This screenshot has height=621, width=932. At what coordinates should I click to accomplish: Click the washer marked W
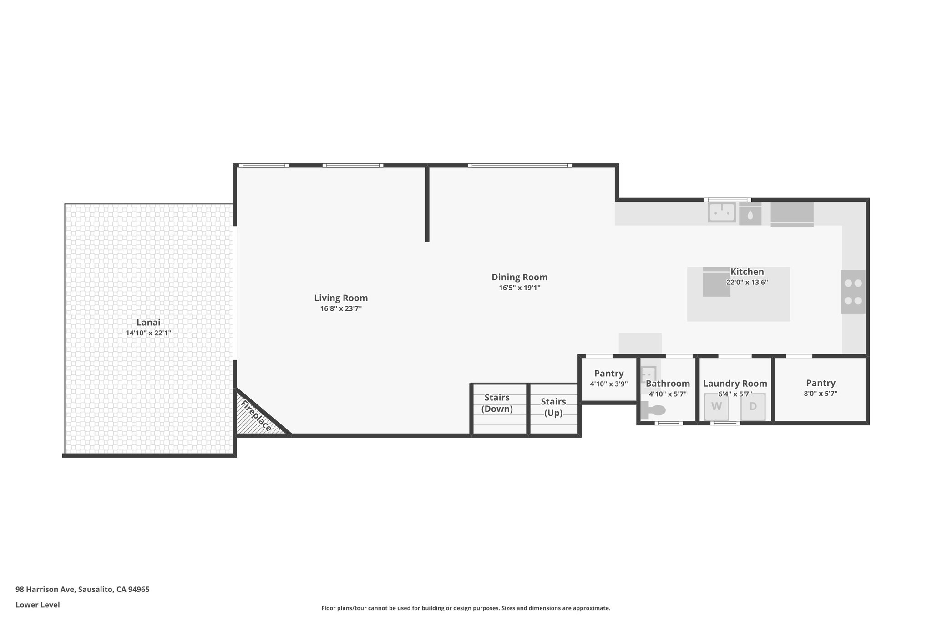(717, 407)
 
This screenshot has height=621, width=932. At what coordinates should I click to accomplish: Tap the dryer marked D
(753, 407)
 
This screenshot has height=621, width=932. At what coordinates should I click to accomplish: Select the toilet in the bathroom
(653, 410)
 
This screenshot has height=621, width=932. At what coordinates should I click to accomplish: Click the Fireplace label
(256, 416)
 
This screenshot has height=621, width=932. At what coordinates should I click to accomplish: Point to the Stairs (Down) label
(497, 403)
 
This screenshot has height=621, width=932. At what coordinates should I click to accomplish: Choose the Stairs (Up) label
(553, 407)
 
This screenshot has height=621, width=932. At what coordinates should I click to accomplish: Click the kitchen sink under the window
(722, 212)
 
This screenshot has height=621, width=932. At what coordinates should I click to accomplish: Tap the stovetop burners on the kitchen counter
(853, 292)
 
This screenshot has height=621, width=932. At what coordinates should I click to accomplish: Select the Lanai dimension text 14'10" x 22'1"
(148, 333)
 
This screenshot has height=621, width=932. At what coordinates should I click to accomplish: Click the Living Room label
(341, 298)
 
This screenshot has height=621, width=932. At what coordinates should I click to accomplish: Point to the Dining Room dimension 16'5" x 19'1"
(520, 288)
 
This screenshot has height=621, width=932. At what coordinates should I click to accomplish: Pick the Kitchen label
(747, 272)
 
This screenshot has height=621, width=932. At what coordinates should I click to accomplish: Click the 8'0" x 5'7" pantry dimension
(821, 394)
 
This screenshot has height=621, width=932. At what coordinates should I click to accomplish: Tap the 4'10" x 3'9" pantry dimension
(609, 384)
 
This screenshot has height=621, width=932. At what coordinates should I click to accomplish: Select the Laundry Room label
(735, 384)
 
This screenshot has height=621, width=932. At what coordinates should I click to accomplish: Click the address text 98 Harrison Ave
(45, 589)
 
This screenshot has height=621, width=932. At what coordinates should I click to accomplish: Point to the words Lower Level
(38, 605)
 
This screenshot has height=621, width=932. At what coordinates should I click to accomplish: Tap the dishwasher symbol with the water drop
(750, 213)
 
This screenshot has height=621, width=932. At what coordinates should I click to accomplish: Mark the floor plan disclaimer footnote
(466, 608)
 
